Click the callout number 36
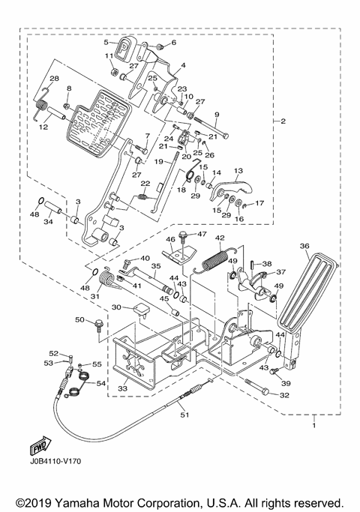tap(304, 245)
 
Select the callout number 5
tap(106, 43)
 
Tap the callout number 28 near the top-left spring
tap(54, 79)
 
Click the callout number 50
tap(79, 320)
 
